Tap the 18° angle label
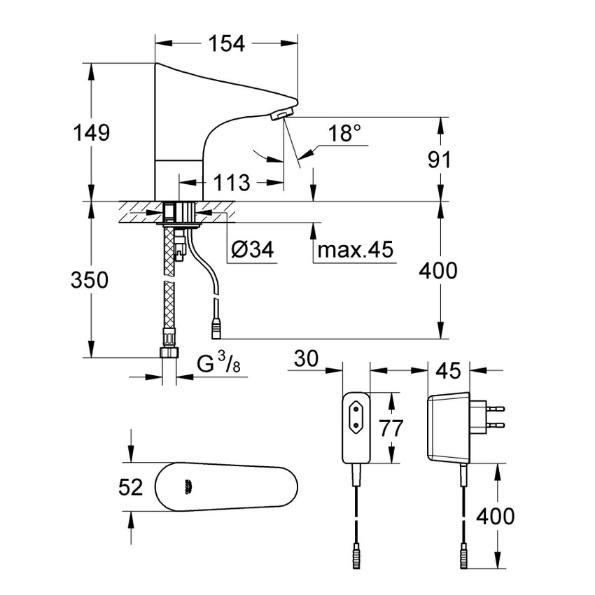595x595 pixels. [x=349, y=134]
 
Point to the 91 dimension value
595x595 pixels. [x=440, y=160]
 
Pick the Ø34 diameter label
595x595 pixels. [x=251, y=249]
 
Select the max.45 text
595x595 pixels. [x=354, y=250]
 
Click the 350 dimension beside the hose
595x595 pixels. [x=90, y=280]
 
